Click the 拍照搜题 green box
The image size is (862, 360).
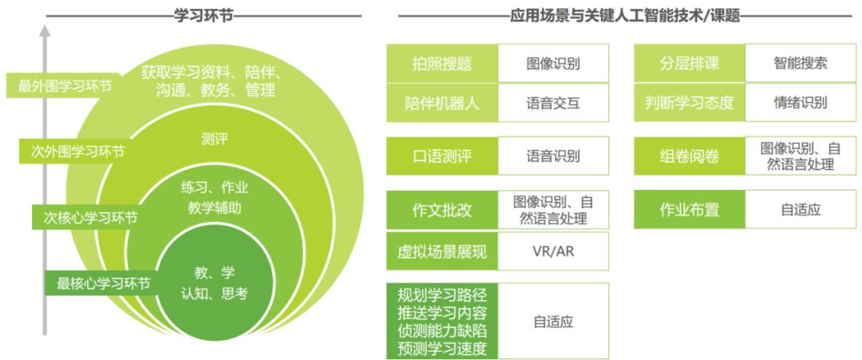tap(442, 63)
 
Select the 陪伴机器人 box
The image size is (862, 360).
tap(442, 103)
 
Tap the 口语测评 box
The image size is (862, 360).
tap(442, 156)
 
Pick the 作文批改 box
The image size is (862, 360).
tap(442, 210)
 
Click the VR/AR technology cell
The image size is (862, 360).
tap(553, 251)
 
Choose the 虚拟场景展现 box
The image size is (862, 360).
tap(442, 251)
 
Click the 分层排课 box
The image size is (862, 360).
tap(690, 63)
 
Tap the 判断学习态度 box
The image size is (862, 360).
tap(690, 103)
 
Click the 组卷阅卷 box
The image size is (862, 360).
tap(690, 156)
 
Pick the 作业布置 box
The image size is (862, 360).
tap(690, 210)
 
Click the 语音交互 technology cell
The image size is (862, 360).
tap(553, 103)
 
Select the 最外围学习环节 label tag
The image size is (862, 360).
tap(65, 86)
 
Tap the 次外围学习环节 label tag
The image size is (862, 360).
tap(73, 151)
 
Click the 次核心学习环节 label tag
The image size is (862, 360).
tap(85, 216)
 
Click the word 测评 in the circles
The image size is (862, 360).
tap(215, 140)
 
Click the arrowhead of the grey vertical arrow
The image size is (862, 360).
tap(45, 31)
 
